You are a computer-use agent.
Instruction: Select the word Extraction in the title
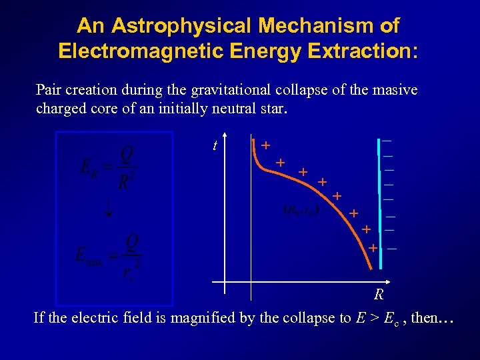pos(361,51)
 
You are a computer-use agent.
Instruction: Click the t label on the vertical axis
pos(215,145)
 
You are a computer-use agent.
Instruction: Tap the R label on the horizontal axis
pos(378,294)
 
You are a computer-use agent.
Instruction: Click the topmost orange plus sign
pos(266,145)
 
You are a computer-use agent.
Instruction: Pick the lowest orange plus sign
pos(373,248)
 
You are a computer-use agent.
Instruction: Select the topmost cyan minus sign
pos(387,141)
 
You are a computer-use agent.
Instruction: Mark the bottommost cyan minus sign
pos(392,249)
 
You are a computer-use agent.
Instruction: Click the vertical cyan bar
pos(380,200)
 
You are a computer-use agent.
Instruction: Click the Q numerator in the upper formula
pos(127,155)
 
